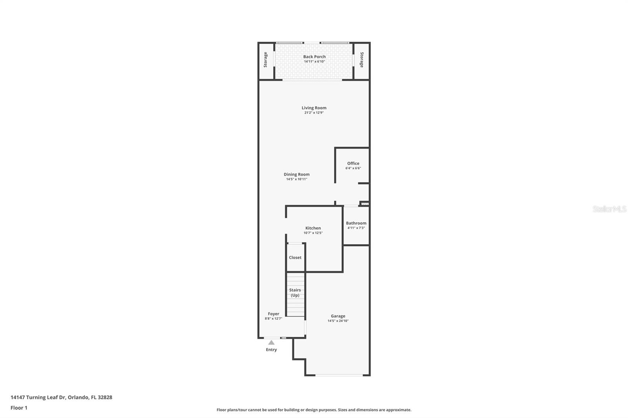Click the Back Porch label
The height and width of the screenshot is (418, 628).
pyautogui.click(x=314, y=56)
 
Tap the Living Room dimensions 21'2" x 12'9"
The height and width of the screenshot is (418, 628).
pyautogui.click(x=314, y=113)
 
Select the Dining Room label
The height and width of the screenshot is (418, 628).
pyautogui.click(x=297, y=174)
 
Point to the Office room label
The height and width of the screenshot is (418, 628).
pyautogui.click(x=353, y=164)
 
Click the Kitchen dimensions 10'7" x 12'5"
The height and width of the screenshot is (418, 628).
pyautogui.click(x=313, y=233)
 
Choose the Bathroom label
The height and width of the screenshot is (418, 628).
pyautogui.click(x=356, y=223)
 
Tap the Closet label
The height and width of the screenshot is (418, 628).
pyautogui.click(x=295, y=258)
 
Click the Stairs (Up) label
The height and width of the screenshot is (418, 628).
pyautogui.click(x=295, y=293)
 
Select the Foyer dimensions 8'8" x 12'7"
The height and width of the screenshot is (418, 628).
pyautogui.click(x=273, y=318)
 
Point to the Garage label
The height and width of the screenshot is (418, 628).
pyautogui.click(x=338, y=316)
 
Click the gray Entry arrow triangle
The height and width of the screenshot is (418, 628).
pyautogui.click(x=271, y=342)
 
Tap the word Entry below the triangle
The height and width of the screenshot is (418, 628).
pyautogui.click(x=271, y=350)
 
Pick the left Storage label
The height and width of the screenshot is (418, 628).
pyautogui.click(x=265, y=60)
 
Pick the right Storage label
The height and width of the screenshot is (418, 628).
pyautogui.click(x=362, y=60)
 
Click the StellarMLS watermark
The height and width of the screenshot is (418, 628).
pyautogui.click(x=610, y=209)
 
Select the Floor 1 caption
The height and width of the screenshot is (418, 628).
pyautogui.click(x=19, y=408)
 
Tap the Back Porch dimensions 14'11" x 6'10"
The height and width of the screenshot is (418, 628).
pyautogui.click(x=314, y=62)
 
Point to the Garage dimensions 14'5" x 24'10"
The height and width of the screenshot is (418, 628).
pyautogui.click(x=338, y=321)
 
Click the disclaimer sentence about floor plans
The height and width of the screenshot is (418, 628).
pyautogui.click(x=314, y=410)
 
